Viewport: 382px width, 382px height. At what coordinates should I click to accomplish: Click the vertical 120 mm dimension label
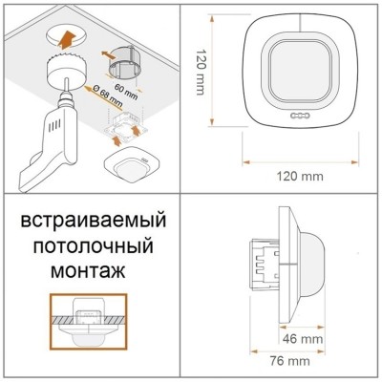200,73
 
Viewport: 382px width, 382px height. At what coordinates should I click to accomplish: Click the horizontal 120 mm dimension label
300,176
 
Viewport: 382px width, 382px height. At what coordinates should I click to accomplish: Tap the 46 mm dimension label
303,339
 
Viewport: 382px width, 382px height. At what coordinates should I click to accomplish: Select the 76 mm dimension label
289,361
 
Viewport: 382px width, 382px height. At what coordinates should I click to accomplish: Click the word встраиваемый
94,221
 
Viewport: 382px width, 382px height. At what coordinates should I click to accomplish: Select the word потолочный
94,245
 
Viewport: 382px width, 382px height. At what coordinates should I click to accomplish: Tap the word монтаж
88,271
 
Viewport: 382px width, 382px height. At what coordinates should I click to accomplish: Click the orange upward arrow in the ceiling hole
66,38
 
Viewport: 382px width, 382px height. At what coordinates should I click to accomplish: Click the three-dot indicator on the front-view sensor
300,116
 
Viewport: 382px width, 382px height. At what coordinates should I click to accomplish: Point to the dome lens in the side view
313,264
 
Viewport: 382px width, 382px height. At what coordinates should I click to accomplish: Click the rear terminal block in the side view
264,264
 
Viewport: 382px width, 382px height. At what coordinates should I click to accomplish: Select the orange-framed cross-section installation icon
89,322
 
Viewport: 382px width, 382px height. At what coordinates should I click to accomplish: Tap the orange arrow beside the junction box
109,55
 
